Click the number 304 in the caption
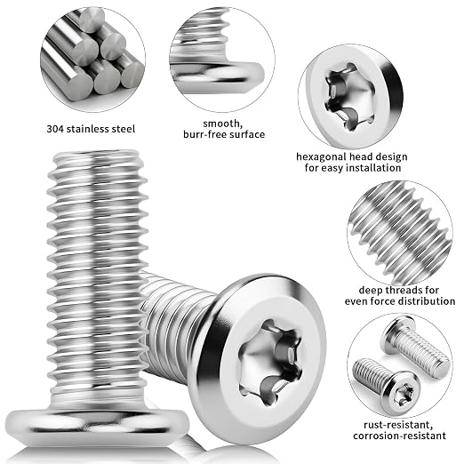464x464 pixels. click(x=55, y=129)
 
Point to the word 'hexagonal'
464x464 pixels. click(x=322, y=157)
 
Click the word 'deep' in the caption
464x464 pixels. click(x=370, y=291)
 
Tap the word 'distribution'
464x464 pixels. click(x=427, y=301)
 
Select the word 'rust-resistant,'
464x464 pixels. click(x=398, y=425)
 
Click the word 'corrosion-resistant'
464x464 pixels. click(x=399, y=436)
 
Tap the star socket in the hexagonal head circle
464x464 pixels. click(x=349, y=96)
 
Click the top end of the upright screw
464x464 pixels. click(x=98, y=154)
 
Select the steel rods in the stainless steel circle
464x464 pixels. click(x=92, y=56)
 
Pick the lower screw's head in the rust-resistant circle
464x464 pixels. click(x=402, y=393)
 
